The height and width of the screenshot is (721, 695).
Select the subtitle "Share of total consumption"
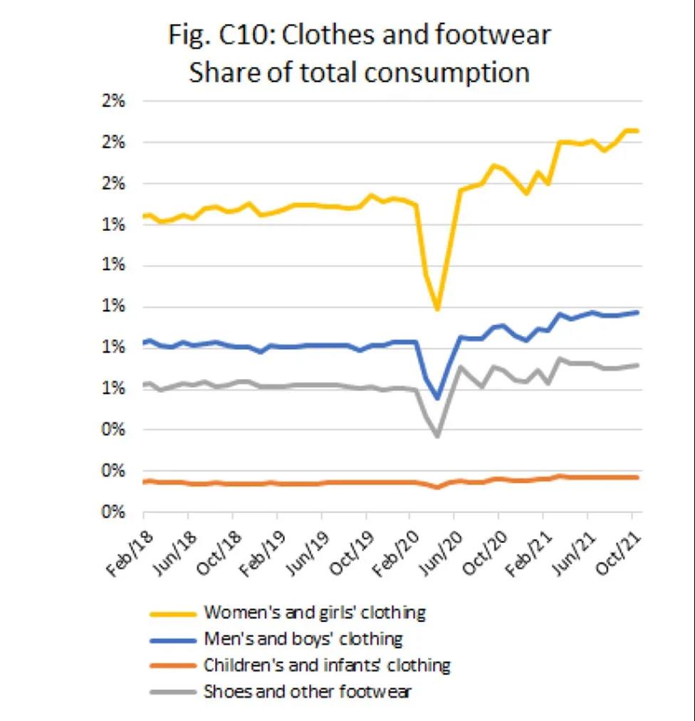click(x=359, y=73)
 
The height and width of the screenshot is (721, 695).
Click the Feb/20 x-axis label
click(x=397, y=546)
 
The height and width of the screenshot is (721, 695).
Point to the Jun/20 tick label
click(x=441, y=546)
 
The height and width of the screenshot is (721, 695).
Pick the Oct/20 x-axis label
click(x=485, y=546)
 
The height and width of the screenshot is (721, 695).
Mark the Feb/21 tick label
click(x=530, y=546)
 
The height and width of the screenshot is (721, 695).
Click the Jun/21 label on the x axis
click(x=574, y=546)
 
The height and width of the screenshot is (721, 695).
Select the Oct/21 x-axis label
click(x=618, y=546)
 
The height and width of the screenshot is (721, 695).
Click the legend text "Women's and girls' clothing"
click(x=314, y=612)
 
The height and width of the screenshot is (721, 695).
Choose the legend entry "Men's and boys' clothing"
click(x=303, y=638)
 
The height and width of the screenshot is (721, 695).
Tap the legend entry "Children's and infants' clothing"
click(x=327, y=665)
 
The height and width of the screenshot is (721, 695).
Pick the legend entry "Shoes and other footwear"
click(x=308, y=691)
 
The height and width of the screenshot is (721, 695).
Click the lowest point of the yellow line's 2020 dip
click(x=437, y=309)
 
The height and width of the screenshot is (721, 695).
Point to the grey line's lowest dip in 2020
click(x=437, y=435)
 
